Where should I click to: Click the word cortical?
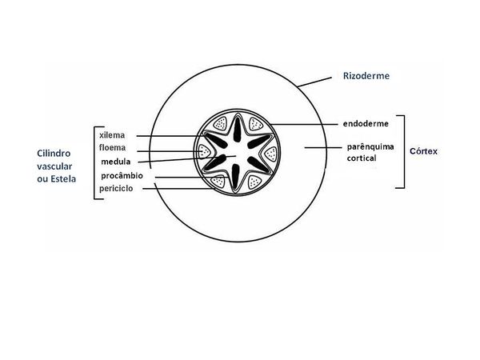[361, 158]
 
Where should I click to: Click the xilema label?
[113, 135]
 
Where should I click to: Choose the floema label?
[113, 148]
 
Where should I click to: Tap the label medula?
[115, 162]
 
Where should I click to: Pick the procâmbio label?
[122, 175]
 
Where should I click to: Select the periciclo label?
[115, 188]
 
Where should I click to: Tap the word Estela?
[64, 178]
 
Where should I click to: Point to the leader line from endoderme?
[305, 124]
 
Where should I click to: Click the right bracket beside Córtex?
[403, 151]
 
